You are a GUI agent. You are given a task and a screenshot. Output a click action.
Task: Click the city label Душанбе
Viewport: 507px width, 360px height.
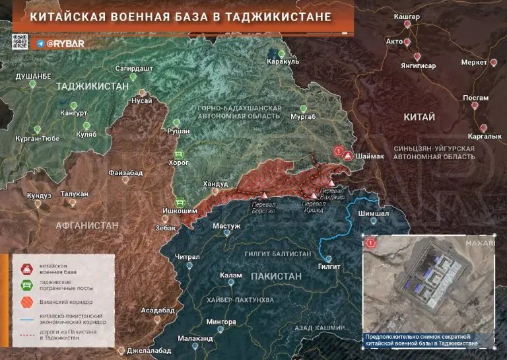pos(34,77)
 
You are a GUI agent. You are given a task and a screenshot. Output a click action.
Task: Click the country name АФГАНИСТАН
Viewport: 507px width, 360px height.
pos(78,225)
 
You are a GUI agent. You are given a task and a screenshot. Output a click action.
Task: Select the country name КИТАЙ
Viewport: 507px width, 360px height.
pos(419,117)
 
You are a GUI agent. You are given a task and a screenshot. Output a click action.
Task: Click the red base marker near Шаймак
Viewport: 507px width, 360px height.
pos(339,151)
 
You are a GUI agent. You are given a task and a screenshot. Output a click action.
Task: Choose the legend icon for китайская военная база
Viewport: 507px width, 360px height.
pos(26,267)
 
